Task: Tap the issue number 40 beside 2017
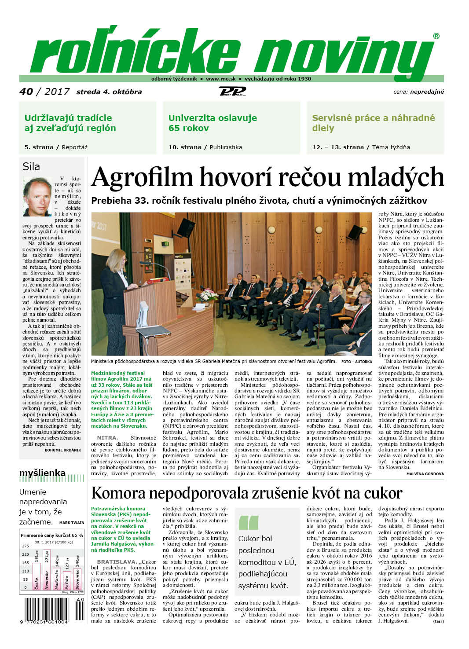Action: [x=26, y=92]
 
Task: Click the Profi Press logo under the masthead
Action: [x=232, y=92]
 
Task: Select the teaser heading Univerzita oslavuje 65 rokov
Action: [x=213, y=123]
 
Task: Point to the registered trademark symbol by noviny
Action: [x=436, y=36]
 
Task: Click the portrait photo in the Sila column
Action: [x=37, y=196]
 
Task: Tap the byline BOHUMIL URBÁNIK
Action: [x=63, y=450]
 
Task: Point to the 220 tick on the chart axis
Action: [x=26, y=554]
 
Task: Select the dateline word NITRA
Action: [x=107, y=437]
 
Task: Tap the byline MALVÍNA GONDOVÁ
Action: [x=425, y=473]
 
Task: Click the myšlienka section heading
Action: [x=42, y=473]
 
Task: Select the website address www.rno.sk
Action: [x=220, y=79]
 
